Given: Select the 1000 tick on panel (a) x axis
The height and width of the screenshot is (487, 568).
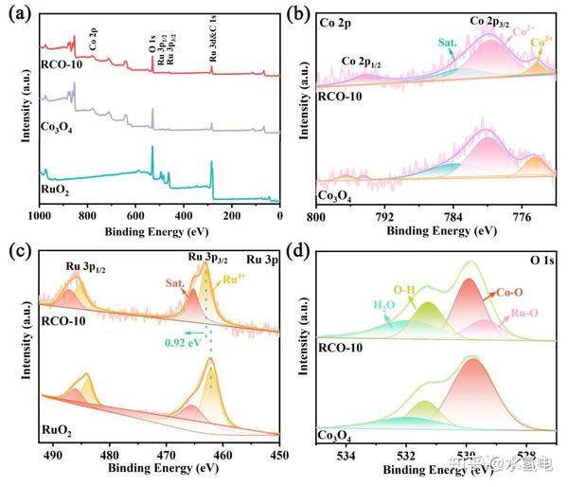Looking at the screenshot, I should point(40,215).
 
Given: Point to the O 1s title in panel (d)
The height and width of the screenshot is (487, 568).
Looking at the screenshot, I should point(540,259).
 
